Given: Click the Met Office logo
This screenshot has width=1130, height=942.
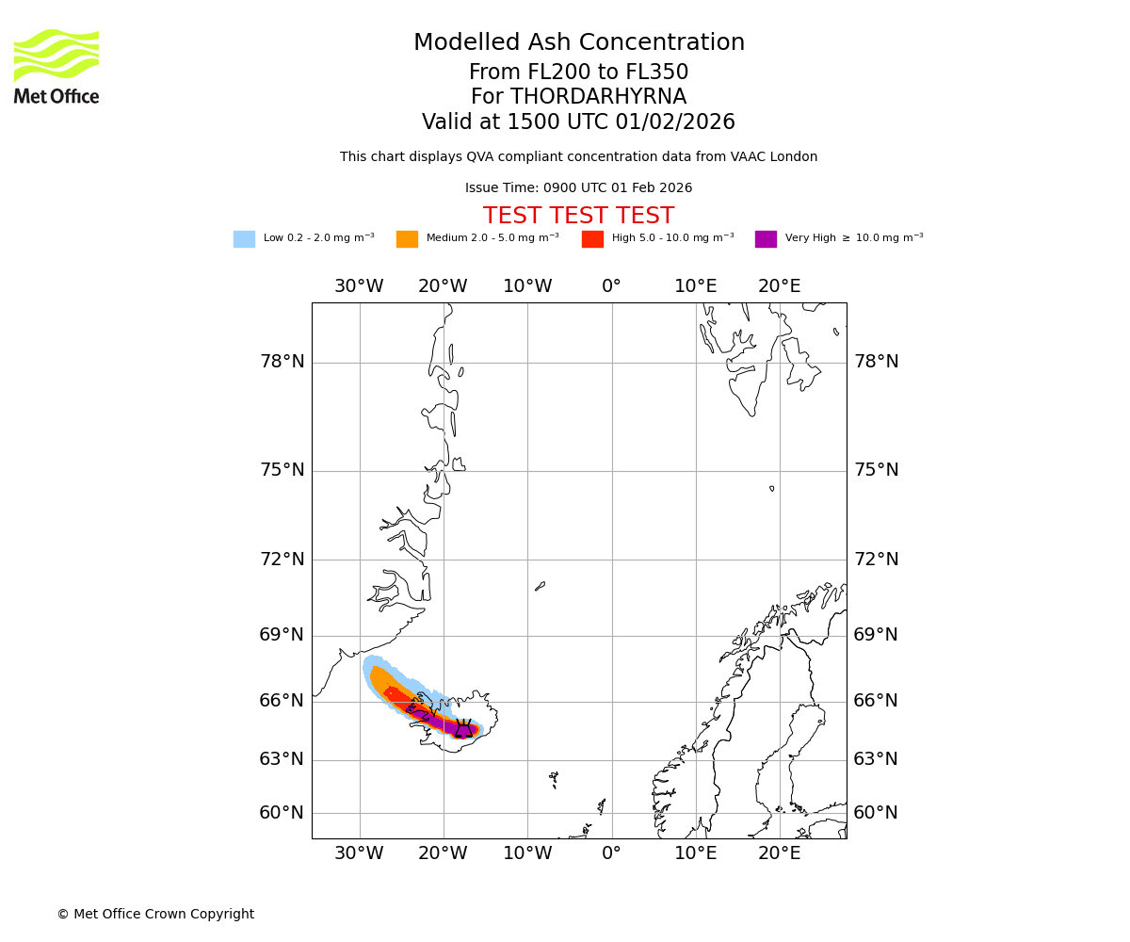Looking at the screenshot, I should click(56, 66).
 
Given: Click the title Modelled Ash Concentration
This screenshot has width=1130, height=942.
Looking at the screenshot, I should click(578, 43).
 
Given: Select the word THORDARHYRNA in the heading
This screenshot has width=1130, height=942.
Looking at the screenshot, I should click(598, 97).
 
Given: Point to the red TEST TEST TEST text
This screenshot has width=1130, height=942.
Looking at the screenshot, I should click(578, 216).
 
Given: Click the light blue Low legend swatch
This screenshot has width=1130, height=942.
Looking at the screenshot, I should click(244, 238).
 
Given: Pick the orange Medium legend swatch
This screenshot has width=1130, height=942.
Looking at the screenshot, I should click(407, 238).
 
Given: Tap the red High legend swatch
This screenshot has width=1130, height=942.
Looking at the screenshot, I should click(592, 238).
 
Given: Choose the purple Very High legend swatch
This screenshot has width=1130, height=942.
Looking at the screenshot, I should click(766, 238).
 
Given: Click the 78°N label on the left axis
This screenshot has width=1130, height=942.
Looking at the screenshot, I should click(282, 362).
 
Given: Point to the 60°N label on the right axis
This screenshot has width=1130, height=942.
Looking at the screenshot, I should click(876, 812).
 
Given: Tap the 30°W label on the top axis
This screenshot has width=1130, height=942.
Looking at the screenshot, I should click(359, 286).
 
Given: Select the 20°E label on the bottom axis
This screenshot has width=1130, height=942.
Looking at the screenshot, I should click(780, 853).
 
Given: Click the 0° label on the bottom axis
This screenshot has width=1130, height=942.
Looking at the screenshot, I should click(611, 853).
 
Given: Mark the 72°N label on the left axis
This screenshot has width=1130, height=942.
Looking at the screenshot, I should click(282, 560).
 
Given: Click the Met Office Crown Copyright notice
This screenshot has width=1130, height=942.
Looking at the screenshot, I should click(155, 914).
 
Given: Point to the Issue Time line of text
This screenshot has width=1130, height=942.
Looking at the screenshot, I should click(578, 188).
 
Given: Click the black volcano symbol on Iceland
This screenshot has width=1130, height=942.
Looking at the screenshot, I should click(464, 728).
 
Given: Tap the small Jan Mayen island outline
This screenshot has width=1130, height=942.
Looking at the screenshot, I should click(540, 586).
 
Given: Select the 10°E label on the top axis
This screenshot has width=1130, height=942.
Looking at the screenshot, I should click(695, 286).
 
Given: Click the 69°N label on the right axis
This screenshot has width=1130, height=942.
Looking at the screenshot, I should click(876, 635).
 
